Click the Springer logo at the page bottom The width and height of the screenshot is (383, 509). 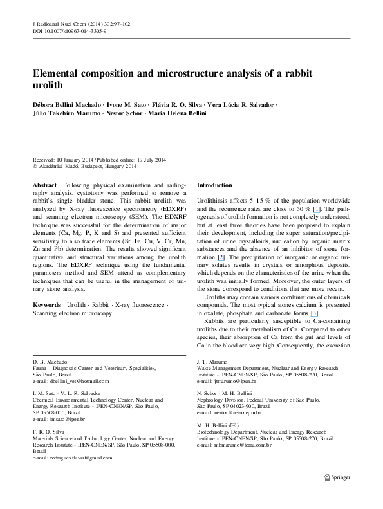337,477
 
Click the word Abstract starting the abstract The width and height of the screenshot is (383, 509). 45,185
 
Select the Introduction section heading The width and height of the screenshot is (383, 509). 214,185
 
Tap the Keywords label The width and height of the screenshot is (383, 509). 46,305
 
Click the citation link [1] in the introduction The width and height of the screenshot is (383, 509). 316,209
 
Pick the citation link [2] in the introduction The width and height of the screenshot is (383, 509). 221,257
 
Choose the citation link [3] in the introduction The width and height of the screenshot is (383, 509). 315,313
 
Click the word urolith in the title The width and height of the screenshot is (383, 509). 48,85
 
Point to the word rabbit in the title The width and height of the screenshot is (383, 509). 299,73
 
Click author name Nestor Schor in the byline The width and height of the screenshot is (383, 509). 124,113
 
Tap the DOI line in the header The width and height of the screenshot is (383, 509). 70,31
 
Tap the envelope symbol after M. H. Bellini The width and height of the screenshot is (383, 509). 234,425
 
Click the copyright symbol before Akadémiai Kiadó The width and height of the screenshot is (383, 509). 35,167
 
